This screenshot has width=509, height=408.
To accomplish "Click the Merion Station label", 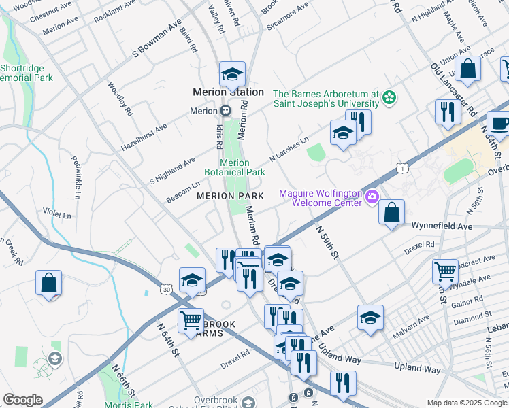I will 228,92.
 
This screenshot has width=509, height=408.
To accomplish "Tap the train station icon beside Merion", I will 225,110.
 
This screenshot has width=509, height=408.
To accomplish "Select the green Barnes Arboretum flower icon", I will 389,99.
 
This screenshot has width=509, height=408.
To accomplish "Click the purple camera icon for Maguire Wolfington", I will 372,198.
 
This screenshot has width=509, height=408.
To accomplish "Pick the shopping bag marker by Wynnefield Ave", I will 392,212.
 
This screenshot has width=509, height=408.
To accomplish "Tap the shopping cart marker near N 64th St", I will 191,320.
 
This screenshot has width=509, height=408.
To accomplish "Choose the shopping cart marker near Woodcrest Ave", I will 445,271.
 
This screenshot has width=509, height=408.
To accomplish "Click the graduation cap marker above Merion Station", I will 231,73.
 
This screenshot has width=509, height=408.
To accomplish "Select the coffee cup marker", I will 499,124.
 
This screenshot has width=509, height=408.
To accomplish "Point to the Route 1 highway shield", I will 404,167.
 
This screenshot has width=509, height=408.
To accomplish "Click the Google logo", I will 22,400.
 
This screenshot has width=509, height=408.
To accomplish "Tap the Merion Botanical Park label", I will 242,167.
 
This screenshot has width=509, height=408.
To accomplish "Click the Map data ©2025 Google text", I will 467,403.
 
